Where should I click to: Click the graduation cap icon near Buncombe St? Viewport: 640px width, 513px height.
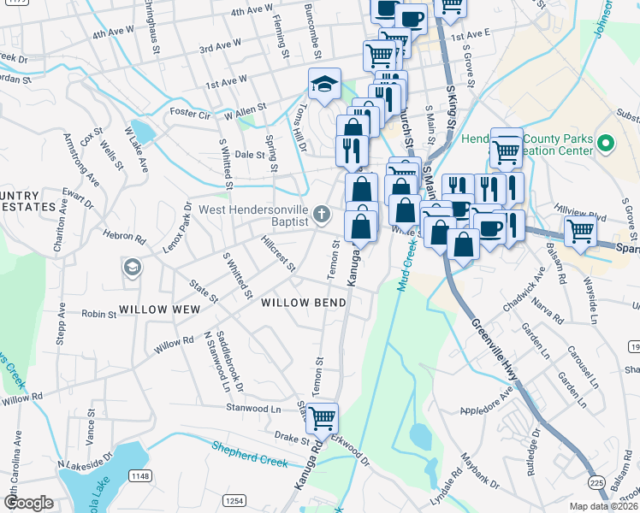point(324,84)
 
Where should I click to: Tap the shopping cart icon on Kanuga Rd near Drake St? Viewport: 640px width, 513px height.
point(322,419)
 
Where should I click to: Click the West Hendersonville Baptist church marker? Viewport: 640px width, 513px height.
point(322,214)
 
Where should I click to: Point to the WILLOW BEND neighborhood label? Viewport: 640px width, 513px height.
point(304,303)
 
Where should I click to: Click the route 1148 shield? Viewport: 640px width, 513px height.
point(140,475)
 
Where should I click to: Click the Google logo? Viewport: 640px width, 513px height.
point(28,503)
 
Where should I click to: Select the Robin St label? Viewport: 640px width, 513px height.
point(99,315)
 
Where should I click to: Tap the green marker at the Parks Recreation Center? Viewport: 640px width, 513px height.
point(607,144)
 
